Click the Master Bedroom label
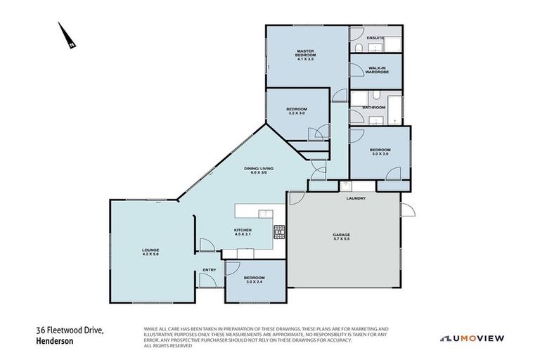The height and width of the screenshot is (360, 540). pyautogui.click(x=304, y=51)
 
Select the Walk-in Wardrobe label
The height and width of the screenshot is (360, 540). pyautogui.click(x=377, y=68)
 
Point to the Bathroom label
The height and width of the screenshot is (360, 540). pyautogui.click(x=374, y=107)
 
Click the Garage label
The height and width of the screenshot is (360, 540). pyautogui.click(x=342, y=235)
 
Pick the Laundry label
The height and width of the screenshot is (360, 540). pyautogui.click(x=356, y=198)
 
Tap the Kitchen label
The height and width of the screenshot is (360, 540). pyautogui.click(x=243, y=231)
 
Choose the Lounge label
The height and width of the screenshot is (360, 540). pyautogui.click(x=150, y=250)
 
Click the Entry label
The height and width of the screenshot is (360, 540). pyautogui.click(x=210, y=270)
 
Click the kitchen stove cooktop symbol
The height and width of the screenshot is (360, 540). pyautogui.click(x=279, y=229)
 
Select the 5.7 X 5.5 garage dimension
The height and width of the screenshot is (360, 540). pyautogui.click(x=342, y=240)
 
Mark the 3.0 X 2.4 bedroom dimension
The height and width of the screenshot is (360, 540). pyautogui.click(x=253, y=282)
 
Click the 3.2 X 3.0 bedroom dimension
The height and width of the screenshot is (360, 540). pyautogui.click(x=297, y=114)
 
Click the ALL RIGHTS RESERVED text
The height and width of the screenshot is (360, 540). pyautogui.click(x=167, y=346)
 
